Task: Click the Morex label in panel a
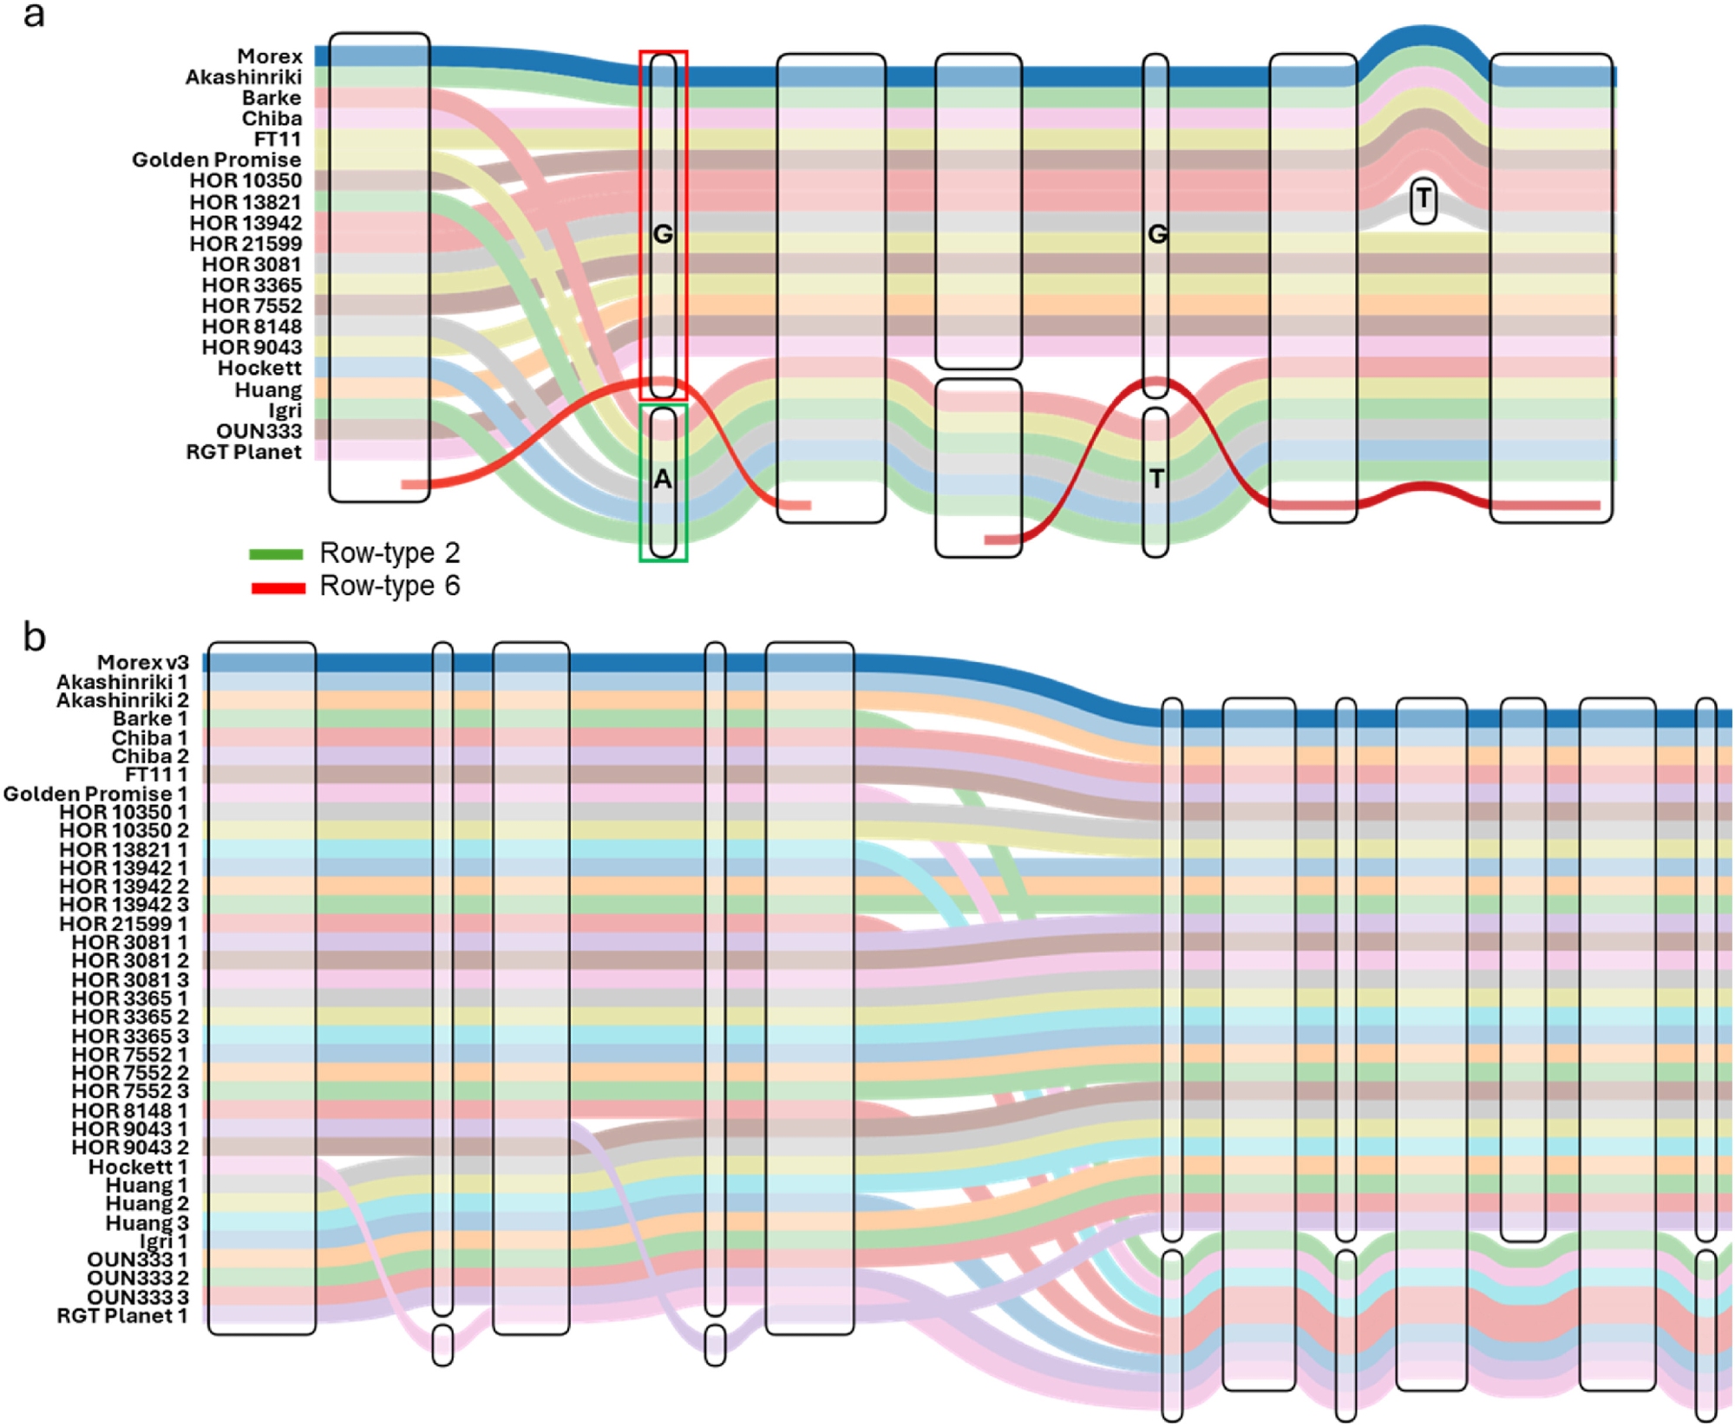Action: [x=270, y=56]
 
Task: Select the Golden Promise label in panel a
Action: [x=217, y=160]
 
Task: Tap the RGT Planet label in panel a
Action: [x=244, y=452]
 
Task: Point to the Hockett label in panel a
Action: [x=259, y=369]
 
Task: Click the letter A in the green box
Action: [x=663, y=479]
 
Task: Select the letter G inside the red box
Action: [x=663, y=234]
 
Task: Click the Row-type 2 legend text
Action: [x=390, y=553]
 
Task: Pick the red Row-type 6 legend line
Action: [x=278, y=588]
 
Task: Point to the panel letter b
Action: [x=34, y=638]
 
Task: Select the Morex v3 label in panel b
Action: [x=143, y=663]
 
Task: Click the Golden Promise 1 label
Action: [x=95, y=794]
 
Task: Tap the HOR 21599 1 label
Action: [x=123, y=924]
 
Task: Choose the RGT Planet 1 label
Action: [x=122, y=1316]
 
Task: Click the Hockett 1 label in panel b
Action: [x=138, y=1167]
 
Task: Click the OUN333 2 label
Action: [x=137, y=1278]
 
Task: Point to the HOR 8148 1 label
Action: [x=129, y=1110]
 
